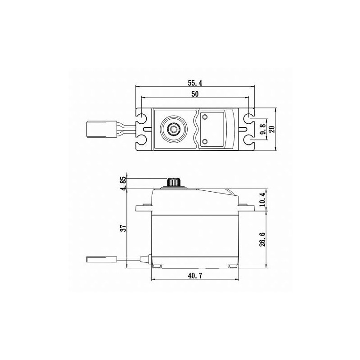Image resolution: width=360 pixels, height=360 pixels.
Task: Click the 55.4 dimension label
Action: (x=195, y=83)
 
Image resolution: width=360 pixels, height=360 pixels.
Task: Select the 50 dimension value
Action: (x=195, y=94)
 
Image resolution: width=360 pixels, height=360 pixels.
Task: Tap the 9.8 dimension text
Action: (x=263, y=129)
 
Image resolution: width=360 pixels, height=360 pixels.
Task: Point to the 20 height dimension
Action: (x=272, y=129)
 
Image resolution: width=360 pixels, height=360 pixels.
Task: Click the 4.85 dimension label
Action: (x=124, y=183)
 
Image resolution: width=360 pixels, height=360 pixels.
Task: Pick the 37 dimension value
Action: (x=124, y=228)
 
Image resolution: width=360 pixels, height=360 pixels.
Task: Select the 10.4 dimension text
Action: (x=262, y=199)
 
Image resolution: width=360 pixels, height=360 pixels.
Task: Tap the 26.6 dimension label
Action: (x=262, y=239)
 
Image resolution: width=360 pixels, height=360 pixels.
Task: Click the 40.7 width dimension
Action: (x=195, y=276)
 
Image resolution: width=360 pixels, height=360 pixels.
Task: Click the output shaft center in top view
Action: (x=174, y=130)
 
